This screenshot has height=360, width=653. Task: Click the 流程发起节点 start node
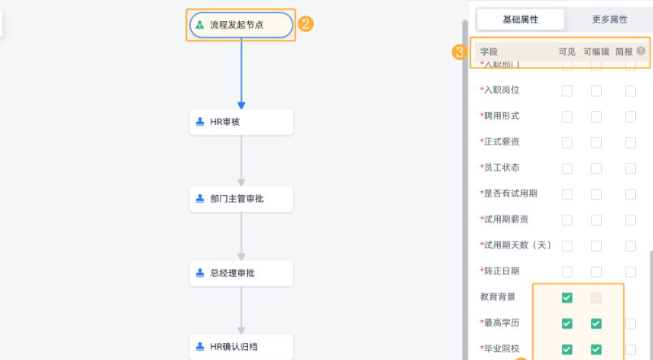coord(241,25)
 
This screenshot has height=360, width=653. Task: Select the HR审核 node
coord(241,123)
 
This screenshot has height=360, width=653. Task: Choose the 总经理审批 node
coord(241,274)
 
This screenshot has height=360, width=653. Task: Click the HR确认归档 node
coord(241,348)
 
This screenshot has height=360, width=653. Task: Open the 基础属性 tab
coord(520,20)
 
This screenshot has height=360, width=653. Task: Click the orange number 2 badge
coord(306,24)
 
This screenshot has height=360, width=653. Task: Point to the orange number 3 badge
coord(459,53)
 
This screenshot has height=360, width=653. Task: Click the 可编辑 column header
coord(596,52)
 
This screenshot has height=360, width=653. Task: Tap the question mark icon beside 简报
coord(641,51)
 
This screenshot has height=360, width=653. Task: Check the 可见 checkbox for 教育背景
coord(567,297)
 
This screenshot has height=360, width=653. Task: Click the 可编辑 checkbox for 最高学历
coord(596,323)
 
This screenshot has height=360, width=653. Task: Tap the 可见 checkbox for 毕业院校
coord(567,349)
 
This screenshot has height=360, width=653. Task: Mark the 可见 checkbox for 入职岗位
coord(567,90)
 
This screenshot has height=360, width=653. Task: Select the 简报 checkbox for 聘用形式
coord(630,116)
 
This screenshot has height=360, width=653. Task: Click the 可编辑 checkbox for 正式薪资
coord(596,142)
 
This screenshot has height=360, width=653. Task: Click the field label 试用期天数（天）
coord(517,245)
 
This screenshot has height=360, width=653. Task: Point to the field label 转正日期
coord(501,271)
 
